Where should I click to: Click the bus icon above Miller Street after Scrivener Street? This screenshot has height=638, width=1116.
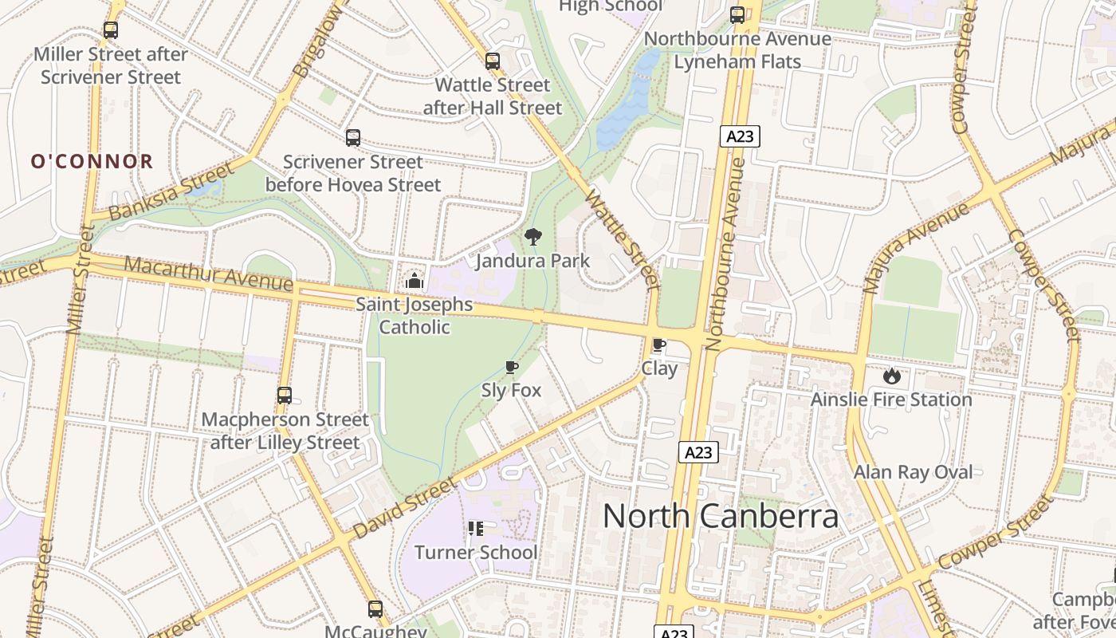pyautogui.click(x=111, y=30)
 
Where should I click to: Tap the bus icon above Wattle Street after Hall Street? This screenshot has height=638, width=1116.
pyautogui.click(x=493, y=61)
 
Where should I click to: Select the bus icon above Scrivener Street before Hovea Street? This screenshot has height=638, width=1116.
pyautogui.click(x=353, y=138)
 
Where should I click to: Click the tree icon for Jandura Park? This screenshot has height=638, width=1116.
pyautogui.click(x=533, y=236)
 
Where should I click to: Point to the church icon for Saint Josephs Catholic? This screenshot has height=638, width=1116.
pyautogui.click(x=414, y=280)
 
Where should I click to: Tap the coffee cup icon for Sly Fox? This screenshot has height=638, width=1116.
pyautogui.click(x=511, y=367)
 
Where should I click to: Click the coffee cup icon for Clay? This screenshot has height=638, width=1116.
pyautogui.click(x=659, y=345)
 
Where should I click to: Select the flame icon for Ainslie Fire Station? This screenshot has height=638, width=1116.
pyautogui.click(x=891, y=375)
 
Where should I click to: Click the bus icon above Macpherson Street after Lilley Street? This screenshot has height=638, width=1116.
pyautogui.click(x=285, y=395)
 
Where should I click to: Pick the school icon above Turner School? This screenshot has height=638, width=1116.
pyautogui.click(x=476, y=528)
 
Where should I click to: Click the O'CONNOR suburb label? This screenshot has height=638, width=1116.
pyautogui.click(x=92, y=162)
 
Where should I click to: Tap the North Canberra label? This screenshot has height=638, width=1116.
pyautogui.click(x=721, y=516)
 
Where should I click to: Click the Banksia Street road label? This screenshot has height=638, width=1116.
pyautogui.click(x=171, y=191)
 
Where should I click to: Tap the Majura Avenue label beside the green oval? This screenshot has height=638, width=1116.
pyautogui.click(x=916, y=247)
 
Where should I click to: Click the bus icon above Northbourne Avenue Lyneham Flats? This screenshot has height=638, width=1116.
pyautogui.click(x=737, y=14)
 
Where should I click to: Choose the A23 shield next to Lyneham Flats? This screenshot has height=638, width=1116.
pyautogui.click(x=741, y=136)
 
